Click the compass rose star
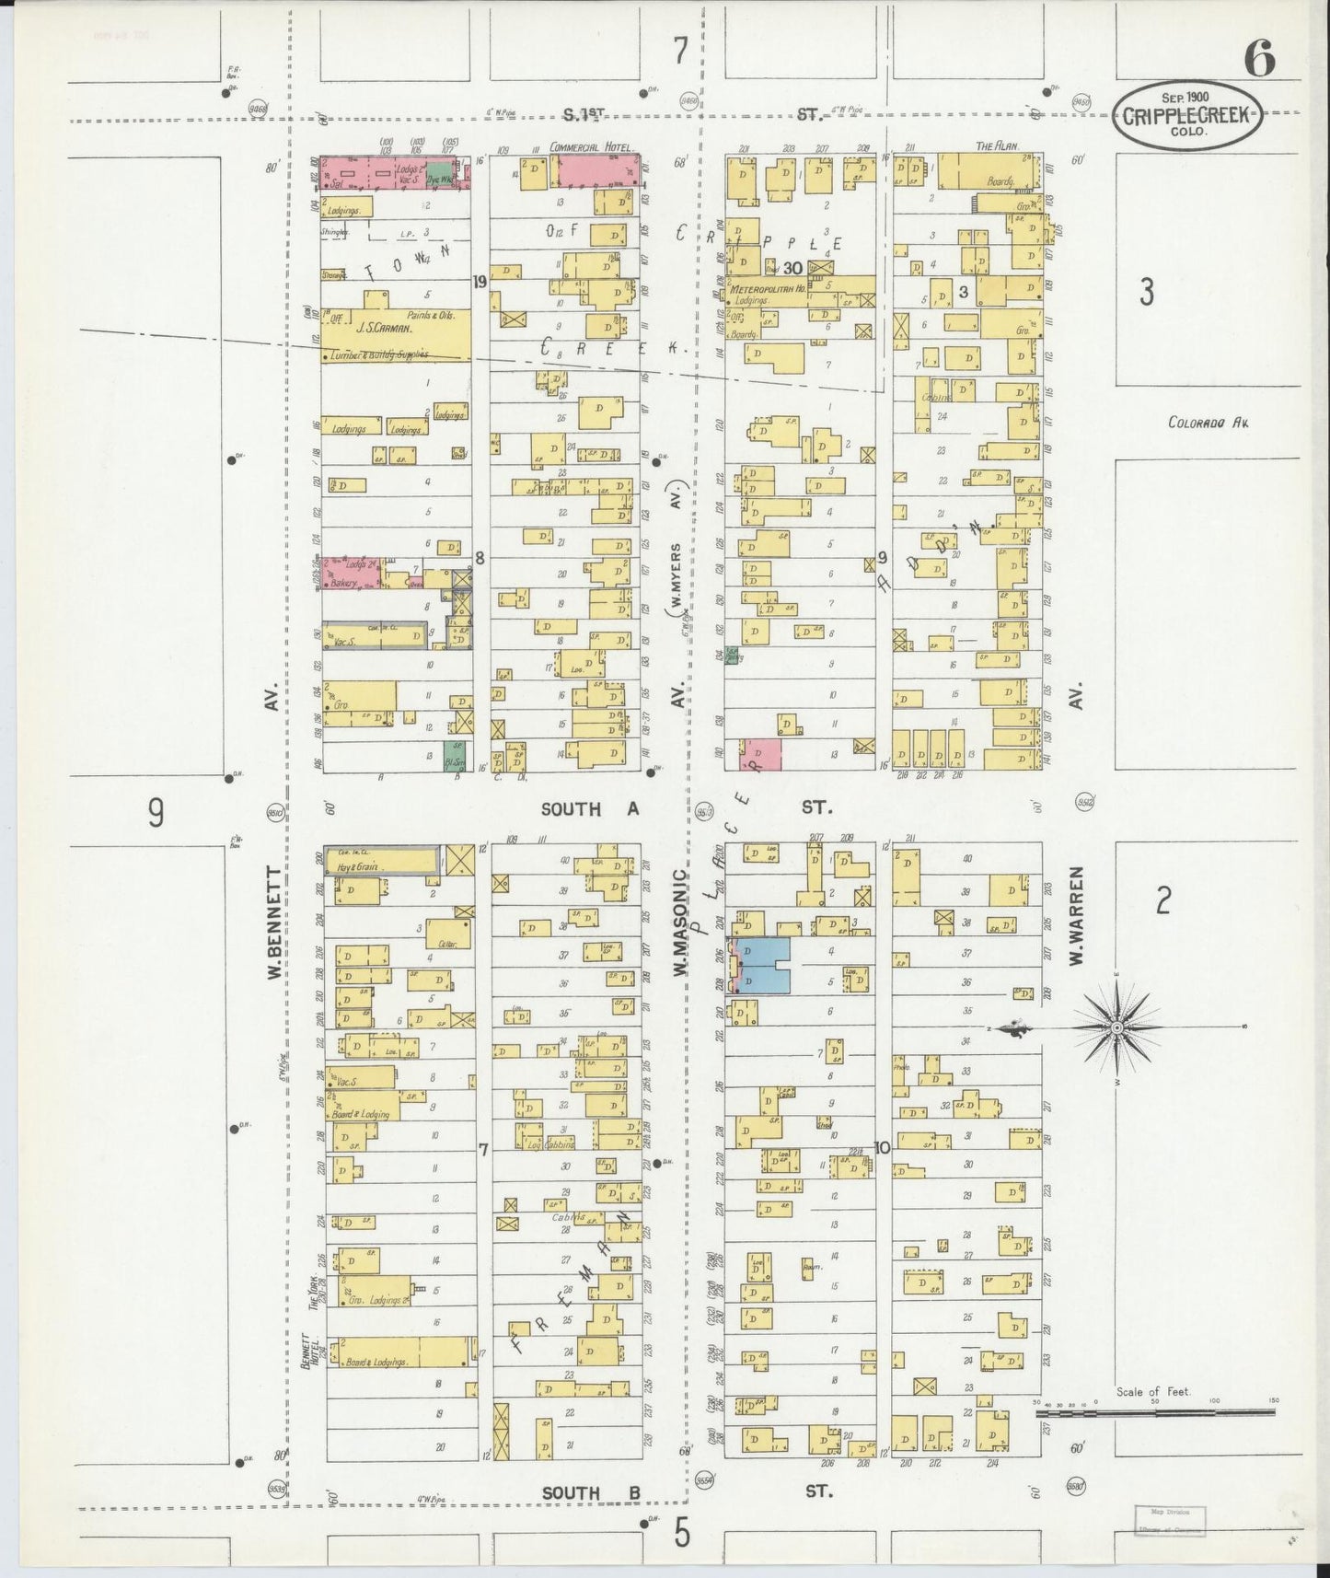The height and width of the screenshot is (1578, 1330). point(1116,1027)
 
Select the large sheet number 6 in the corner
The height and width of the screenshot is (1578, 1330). point(1259,61)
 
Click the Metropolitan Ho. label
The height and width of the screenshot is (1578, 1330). point(769,289)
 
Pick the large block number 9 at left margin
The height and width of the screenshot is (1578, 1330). point(156,812)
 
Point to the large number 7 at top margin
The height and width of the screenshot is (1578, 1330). point(680,51)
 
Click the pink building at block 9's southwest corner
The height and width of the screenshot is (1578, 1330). point(760,753)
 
